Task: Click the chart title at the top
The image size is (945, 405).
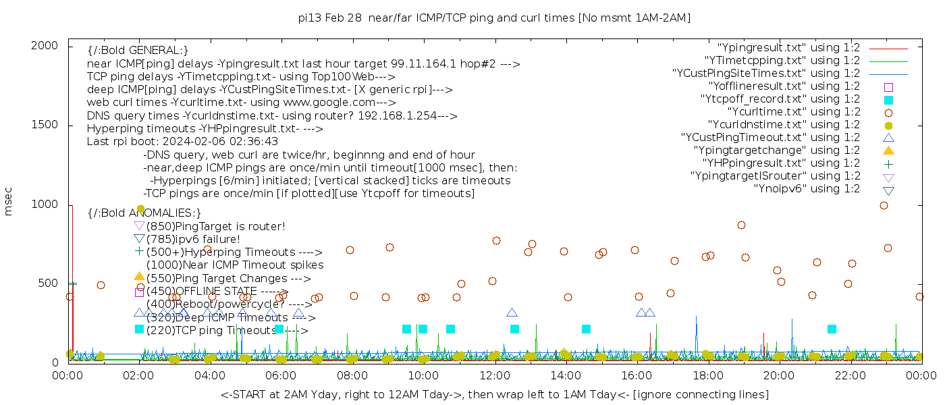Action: pyautogui.click(x=494, y=18)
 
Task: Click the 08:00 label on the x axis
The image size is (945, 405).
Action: pyautogui.click(x=352, y=373)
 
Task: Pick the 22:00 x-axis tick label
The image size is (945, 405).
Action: pyautogui.click(x=849, y=373)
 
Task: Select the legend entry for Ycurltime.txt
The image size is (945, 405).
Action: pyautogui.click(x=794, y=112)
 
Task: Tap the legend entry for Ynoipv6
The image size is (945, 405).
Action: pyautogui.click(x=807, y=189)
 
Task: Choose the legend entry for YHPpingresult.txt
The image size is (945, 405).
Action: pyautogui.click(x=782, y=163)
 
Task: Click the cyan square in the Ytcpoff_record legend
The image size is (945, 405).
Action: pyautogui.click(x=888, y=100)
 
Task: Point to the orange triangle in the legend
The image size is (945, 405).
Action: pyautogui.click(x=888, y=151)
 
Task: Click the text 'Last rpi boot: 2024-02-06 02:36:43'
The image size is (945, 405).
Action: pyautogui.click(x=182, y=142)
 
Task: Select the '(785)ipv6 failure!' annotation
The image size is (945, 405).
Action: pyautogui.click(x=193, y=240)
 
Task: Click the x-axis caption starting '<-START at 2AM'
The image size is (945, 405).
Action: pyautogui.click(x=494, y=394)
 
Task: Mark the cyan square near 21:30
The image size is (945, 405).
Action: pyautogui.click(x=832, y=329)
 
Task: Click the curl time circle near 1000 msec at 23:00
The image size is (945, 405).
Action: pyautogui.click(x=884, y=206)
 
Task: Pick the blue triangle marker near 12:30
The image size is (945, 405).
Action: pyautogui.click(x=512, y=313)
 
